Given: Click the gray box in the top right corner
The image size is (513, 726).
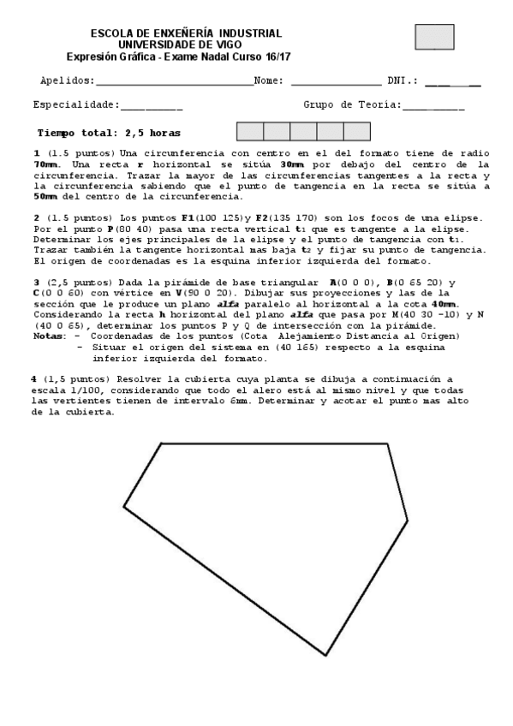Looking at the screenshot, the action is click(x=434, y=37).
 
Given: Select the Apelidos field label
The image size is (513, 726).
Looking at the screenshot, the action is click(x=68, y=80).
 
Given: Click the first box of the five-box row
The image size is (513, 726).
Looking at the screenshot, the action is click(x=249, y=131).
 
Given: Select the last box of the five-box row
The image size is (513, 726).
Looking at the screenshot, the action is click(x=357, y=131).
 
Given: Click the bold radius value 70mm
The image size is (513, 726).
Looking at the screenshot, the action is click(x=47, y=163).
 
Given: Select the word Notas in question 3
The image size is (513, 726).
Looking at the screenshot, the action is click(x=48, y=336).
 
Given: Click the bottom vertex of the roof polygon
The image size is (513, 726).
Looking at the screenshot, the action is click(x=325, y=655).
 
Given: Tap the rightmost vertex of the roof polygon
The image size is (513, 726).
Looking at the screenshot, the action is click(x=407, y=519).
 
